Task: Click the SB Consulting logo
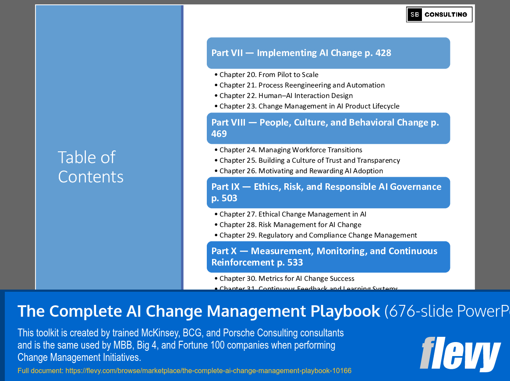click(x=439, y=14)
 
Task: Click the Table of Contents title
click(x=91, y=167)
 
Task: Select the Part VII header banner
click(x=328, y=53)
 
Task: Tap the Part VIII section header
click(x=328, y=128)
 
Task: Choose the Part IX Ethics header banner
click(x=328, y=192)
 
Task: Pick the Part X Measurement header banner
click(x=328, y=257)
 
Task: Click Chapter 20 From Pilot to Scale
click(x=269, y=75)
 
